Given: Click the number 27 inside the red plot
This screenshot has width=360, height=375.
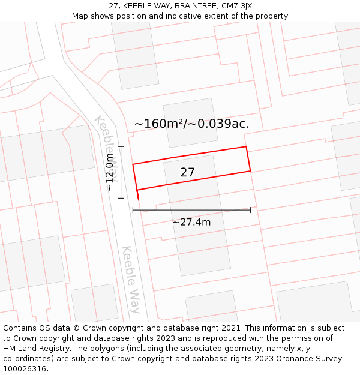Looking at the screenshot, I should click(187, 173).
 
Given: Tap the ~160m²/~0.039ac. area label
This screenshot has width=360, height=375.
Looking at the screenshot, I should click(191, 124).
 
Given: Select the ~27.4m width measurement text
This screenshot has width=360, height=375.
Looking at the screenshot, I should click(191, 222).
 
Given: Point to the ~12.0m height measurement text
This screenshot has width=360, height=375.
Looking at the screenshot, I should click(110, 172).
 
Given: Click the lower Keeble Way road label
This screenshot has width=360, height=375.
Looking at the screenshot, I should click(131, 279).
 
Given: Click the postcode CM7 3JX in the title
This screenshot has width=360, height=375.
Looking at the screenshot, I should click(237, 6).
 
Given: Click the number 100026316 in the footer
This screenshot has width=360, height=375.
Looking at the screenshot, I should click(24, 369).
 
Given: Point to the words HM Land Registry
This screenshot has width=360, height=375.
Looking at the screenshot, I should click(31, 349).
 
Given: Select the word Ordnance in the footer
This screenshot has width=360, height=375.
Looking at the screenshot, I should click(280, 359).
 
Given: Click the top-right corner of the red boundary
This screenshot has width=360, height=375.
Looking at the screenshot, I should click(246, 146).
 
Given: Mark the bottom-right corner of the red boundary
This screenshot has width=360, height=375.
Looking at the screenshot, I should click(250, 171).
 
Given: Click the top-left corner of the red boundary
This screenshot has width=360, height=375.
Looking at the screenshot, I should click(133, 164).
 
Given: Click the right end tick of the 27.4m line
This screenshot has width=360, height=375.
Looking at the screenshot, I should click(250, 210).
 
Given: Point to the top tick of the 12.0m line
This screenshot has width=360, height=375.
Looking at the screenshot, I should click(121, 146).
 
